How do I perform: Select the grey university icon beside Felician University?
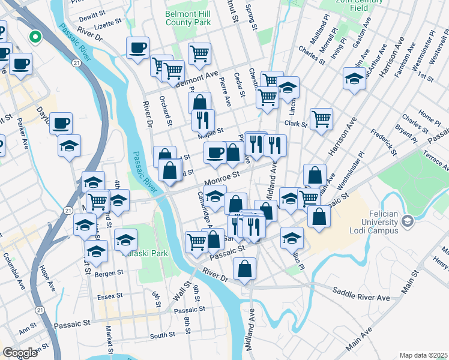pyautogui.click(x=408, y=222)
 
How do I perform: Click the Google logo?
pyautogui.click(x=20, y=353)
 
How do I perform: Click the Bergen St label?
pyautogui.click(x=109, y=272)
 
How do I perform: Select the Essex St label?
pyautogui.click(x=110, y=296)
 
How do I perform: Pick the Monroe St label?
pyautogui.click(x=221, y=177)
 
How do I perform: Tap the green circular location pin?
pyautogui.click(x=35, y=37)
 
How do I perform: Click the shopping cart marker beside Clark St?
pyautogui.click(x=322, y=118)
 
